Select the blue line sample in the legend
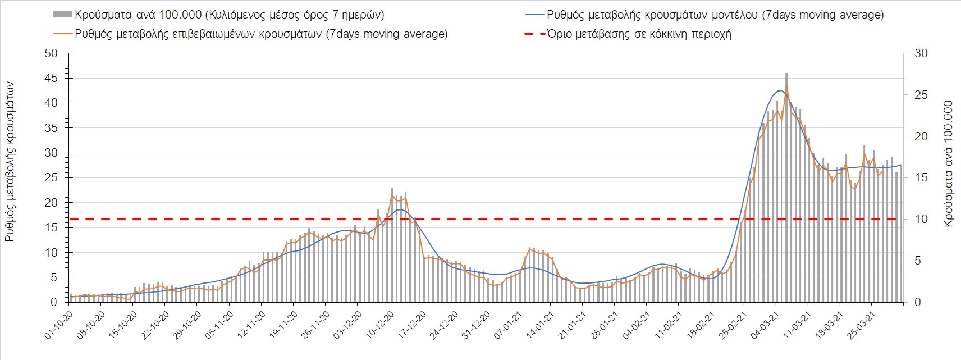(x=532, y=15)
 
